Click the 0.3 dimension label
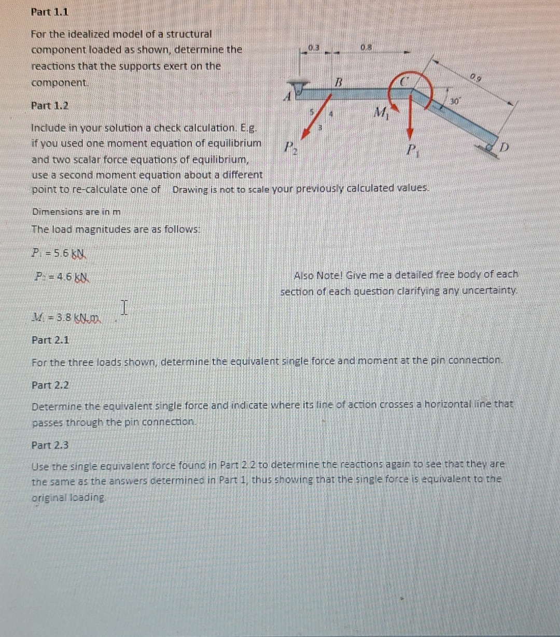(x=313, y=48)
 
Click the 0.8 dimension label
(x=366, y=48)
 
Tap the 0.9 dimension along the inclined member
(x=475, y=78)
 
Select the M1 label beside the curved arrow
(x=381, y=112)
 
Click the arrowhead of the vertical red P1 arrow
(x=412, y=134)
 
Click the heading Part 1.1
(x=50, y=11)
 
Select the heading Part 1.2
(x=50, y=105)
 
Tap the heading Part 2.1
(x=50, y=340)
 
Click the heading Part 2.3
(x=50, y=445)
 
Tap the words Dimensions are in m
(x=76, y=212)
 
